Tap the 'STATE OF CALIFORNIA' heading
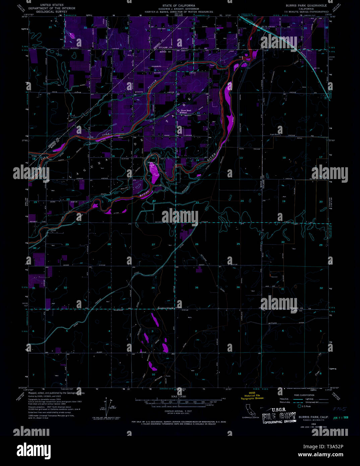pos(179,6)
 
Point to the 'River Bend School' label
pos(186,111)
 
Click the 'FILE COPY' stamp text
pos(279,417)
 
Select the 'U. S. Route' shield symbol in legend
pos(299,406)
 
